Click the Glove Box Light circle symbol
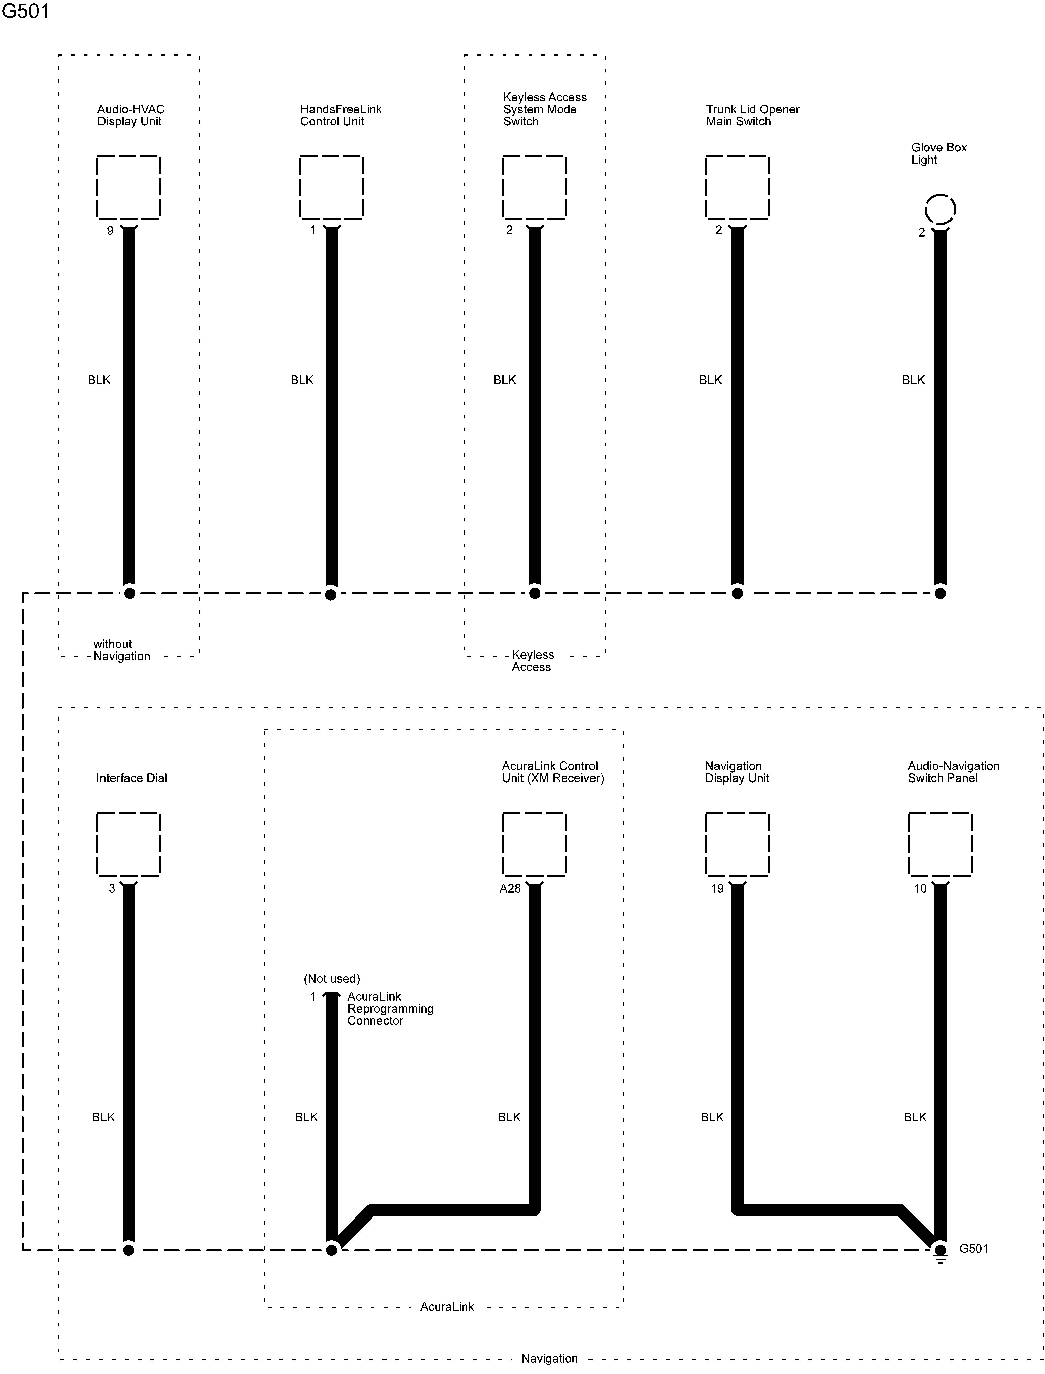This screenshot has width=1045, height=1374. pos(940,209)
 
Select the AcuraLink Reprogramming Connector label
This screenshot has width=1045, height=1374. pos(390,1009)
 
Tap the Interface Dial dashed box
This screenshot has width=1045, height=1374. pos(129,844)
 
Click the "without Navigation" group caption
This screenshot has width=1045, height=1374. pos(121,650)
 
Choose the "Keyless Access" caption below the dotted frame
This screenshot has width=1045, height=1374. pos(532,661)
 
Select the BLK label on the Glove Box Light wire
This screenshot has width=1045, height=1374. pos(913,380)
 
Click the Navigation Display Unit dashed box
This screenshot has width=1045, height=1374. pos(737,844)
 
